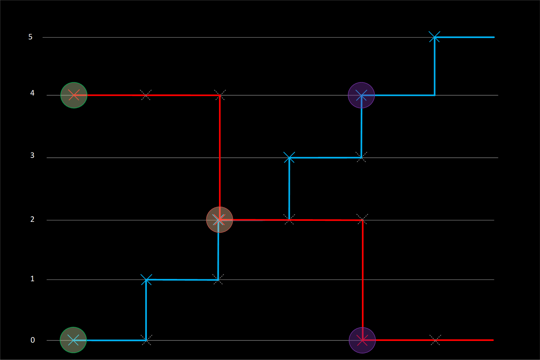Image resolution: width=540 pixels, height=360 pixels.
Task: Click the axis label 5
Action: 31,37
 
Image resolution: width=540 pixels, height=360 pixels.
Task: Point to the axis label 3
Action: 32,155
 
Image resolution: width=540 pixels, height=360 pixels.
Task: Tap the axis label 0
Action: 33,340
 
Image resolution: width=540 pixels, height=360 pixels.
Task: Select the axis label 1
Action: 32,279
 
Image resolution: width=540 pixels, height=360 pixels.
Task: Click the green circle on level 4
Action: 74,95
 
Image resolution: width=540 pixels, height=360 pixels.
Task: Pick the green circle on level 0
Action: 73,340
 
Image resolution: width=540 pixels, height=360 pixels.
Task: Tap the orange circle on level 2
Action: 219,220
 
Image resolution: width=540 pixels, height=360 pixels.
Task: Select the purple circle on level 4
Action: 361,95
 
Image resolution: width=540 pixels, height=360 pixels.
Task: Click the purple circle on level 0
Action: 362,340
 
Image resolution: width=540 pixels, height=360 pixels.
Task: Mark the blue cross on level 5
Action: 435,37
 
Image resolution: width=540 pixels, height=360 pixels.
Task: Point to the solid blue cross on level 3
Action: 289,158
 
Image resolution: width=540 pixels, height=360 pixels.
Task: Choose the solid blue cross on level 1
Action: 146,280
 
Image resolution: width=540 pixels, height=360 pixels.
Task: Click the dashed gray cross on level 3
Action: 361,157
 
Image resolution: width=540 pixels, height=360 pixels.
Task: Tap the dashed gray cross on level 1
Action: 218,279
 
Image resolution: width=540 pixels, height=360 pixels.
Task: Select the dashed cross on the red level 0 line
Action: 435,340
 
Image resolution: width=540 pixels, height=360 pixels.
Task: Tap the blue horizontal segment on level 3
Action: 325,158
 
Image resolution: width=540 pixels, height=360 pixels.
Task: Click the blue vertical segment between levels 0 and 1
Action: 146,310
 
